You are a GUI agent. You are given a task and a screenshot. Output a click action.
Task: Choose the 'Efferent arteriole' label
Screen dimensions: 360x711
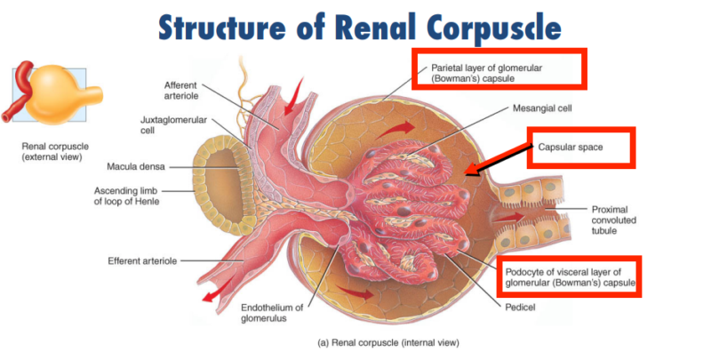pyautogui.click(x=142, y=260)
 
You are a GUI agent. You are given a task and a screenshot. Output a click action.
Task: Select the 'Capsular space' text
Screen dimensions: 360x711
pyautogui.click(x=571, y=147)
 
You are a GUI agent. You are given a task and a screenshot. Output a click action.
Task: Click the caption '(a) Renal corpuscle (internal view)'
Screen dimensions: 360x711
pyautogui.click(x=388, y=341)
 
